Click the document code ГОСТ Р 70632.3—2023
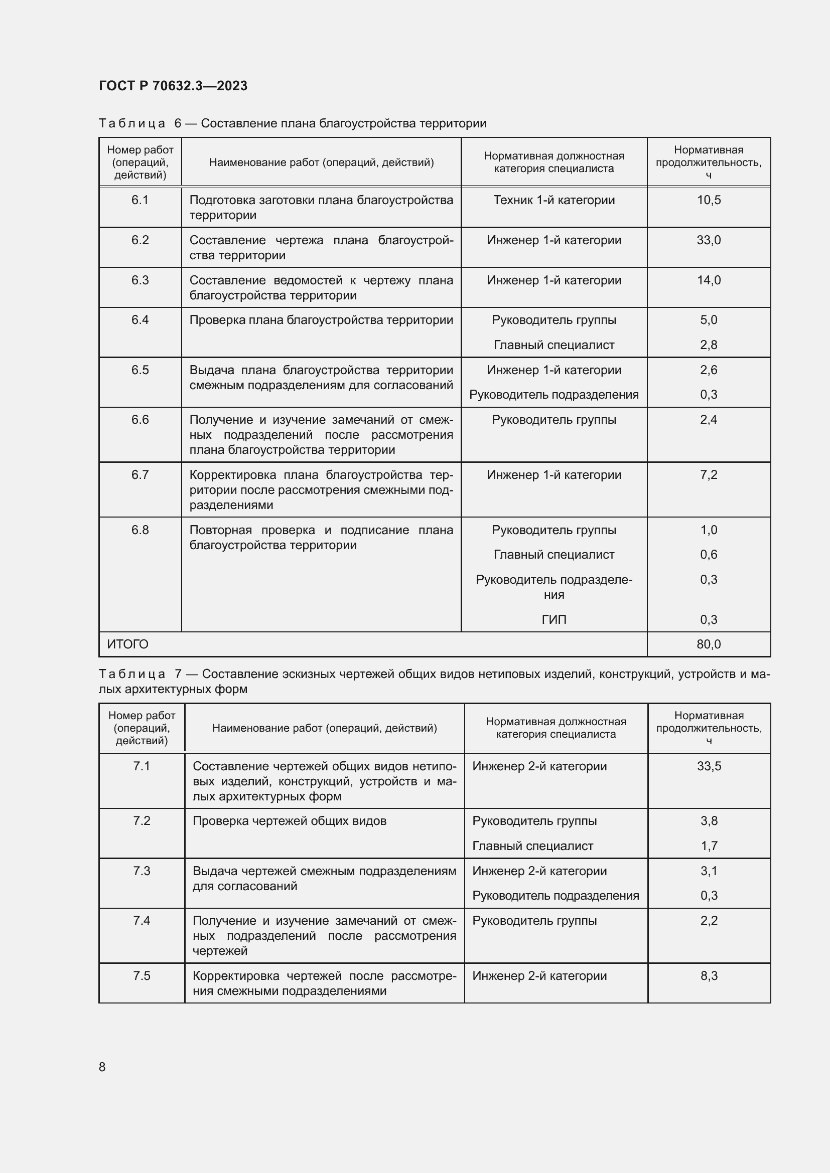[x=173, y=86]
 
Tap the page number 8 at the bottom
[x=102, y=1067]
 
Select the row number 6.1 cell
[x=140, y=200]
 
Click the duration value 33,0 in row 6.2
[x=709, y=240]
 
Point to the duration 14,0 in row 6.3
[x=709, y=280]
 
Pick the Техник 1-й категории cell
[x=554, y=200]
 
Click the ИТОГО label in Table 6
[x=128, y=644]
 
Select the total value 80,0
[x=709, y=644]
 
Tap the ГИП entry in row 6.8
[x=554, y=620]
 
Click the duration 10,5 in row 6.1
[x=709, y=200]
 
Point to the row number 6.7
[x=140, y=475]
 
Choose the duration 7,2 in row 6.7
[x=709, y=475]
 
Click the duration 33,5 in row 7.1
[x=709, y=766]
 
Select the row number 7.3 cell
[x=142, y=871]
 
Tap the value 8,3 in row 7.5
[x=709, y=976]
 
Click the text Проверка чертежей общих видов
[x=289, y=821]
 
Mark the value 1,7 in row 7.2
[x=709, y=846]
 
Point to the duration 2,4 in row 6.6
[x=709, y=420]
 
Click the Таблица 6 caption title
[x=293, y=124]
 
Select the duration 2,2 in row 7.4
[x=709, y=921]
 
